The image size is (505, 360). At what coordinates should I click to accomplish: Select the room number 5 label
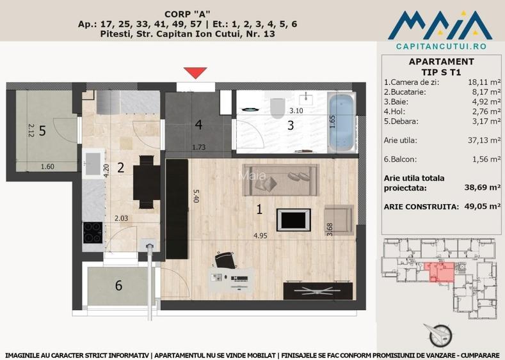point(42,131)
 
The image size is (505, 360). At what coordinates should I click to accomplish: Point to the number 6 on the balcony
point(118,286)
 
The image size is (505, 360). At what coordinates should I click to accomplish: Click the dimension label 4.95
point(260,235)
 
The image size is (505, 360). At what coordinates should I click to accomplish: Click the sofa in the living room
point(279,180)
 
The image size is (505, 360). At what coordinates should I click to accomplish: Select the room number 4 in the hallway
point(199,123)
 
